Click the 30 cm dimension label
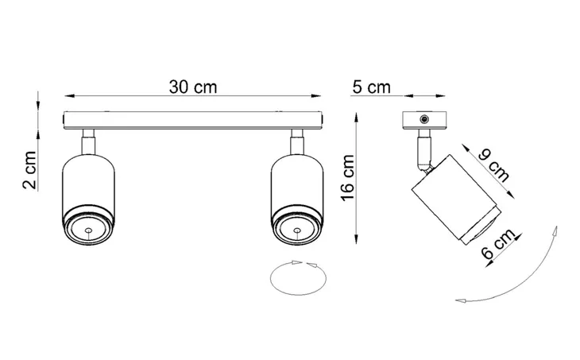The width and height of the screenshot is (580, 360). tap(193, 87)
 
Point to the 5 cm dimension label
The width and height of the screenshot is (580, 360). tap(372, 87)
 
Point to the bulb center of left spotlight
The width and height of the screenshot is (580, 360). tap(87, 230)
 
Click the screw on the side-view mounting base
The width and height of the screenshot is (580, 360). tap(427, 119)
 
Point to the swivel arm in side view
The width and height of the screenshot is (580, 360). tap(422, 152)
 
